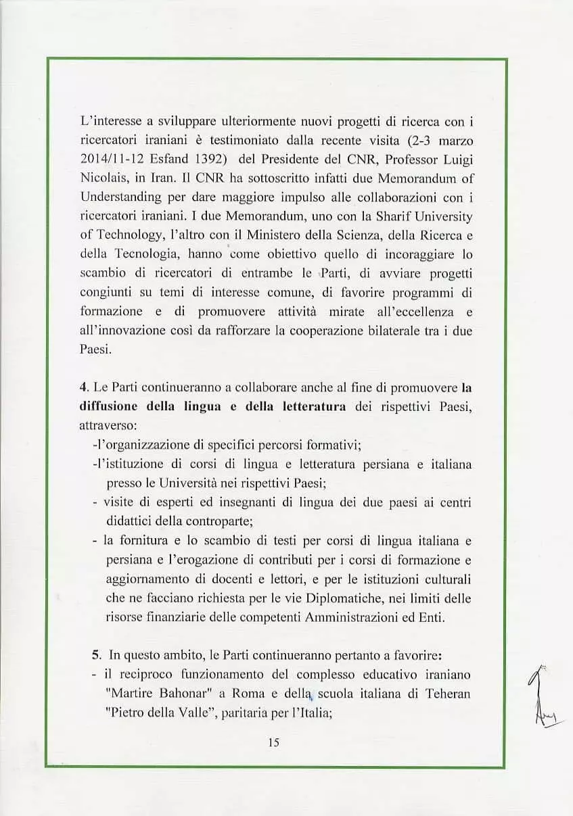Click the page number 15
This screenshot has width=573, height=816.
[273, 742]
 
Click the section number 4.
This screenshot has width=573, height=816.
[84, 388]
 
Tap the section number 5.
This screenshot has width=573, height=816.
[96, 655]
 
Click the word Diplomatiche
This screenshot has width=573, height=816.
[344, 599]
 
